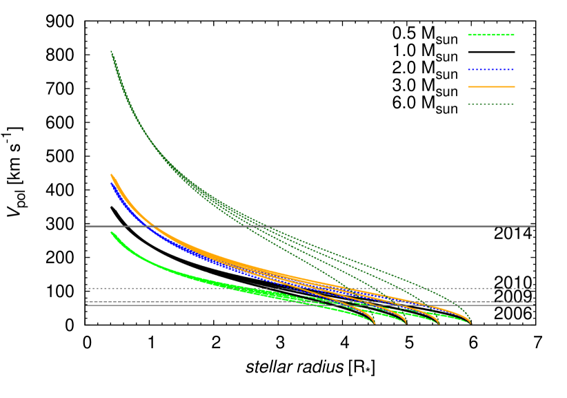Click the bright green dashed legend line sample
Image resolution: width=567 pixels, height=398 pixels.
point(491,35)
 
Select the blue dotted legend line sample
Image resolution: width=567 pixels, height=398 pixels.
point(491,69)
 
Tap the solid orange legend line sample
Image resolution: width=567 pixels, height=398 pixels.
point(491,86)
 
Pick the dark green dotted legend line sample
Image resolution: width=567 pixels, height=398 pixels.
point(491,104)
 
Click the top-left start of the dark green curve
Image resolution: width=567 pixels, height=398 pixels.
point(111,51)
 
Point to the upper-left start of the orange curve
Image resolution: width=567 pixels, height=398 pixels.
point(112,175)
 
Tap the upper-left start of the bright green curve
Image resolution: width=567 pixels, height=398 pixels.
point(112,232)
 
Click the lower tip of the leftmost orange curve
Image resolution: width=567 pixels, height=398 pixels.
point(375,323)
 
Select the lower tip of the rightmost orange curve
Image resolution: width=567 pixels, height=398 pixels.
point(470,323)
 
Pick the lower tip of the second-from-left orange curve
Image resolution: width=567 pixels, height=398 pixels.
point(406,323)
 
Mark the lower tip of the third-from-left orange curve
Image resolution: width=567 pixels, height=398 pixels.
point(439,323)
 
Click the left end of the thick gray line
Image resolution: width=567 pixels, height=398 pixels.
point(86,226)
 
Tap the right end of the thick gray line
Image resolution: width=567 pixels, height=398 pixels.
point(535,226)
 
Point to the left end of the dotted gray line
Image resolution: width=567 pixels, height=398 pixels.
point(86,288)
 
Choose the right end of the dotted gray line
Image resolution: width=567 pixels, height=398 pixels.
point(535,288)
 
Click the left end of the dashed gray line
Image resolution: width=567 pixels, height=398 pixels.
point(86,301)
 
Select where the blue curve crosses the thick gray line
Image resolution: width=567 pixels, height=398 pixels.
point(146,226)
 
